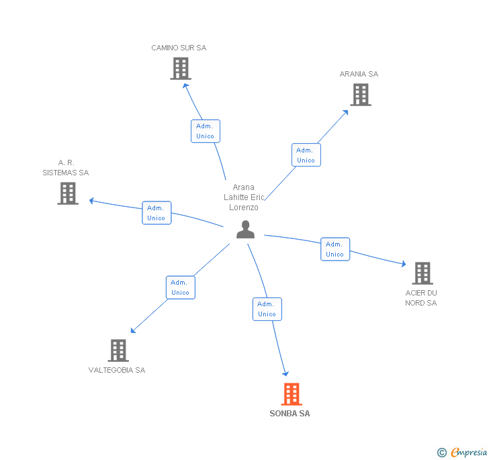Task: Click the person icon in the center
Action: [246, 230]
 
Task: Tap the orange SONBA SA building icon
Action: [291, 394]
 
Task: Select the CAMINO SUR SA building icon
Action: [180, 68]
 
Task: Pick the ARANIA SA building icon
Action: [361, 95]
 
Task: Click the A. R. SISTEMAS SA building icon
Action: [68, 193]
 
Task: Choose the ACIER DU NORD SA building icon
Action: [422, 273]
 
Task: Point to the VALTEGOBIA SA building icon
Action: [118, 351]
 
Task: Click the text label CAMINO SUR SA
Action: [179, 48]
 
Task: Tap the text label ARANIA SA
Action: [359, 74]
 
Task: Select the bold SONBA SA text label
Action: [290, 414]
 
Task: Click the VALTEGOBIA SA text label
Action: [117, 370]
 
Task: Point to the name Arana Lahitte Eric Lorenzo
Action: [244, 197]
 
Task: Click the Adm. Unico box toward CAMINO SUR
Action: [205, 131]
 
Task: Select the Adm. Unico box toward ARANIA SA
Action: [306, 155]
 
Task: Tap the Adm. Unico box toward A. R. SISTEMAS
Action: [157, 213]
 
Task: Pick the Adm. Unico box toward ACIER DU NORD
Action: [335, 249]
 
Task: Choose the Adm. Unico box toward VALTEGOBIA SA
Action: [180, 287]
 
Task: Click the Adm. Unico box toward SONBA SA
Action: [267, 309]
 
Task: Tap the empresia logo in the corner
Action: [462, 452]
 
